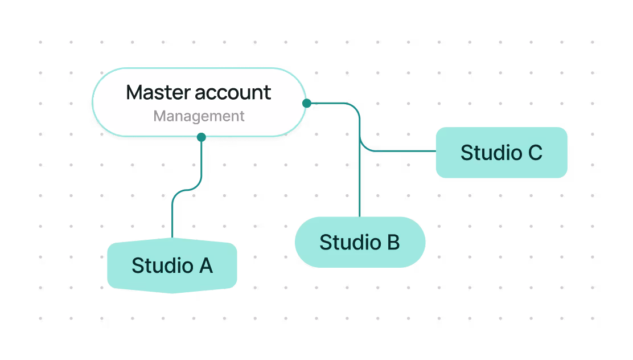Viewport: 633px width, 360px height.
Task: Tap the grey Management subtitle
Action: (x=199, y=116)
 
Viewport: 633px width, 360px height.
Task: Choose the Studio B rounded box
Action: (x=360, y=242)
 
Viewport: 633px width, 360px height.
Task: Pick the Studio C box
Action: (x=501, y=153)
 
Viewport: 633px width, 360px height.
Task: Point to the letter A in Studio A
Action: (x=204, y=266)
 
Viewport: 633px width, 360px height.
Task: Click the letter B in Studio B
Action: (x=392, y=242)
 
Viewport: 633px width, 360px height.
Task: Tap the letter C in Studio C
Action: (x=535, y=153)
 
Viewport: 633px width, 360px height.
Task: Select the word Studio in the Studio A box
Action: (x=162, y=266)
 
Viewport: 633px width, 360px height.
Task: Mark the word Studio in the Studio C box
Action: (x=491, y=153)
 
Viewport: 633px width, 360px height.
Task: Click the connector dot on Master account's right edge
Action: (x=307, y=103)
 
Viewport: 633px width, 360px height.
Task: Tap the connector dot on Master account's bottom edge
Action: (x=201, y=137)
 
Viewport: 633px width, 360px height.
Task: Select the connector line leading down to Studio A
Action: (x=172, y=216)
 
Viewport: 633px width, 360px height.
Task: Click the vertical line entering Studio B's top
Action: (x=360, y=188)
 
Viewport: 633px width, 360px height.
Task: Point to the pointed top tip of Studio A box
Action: (x=172, y=239)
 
